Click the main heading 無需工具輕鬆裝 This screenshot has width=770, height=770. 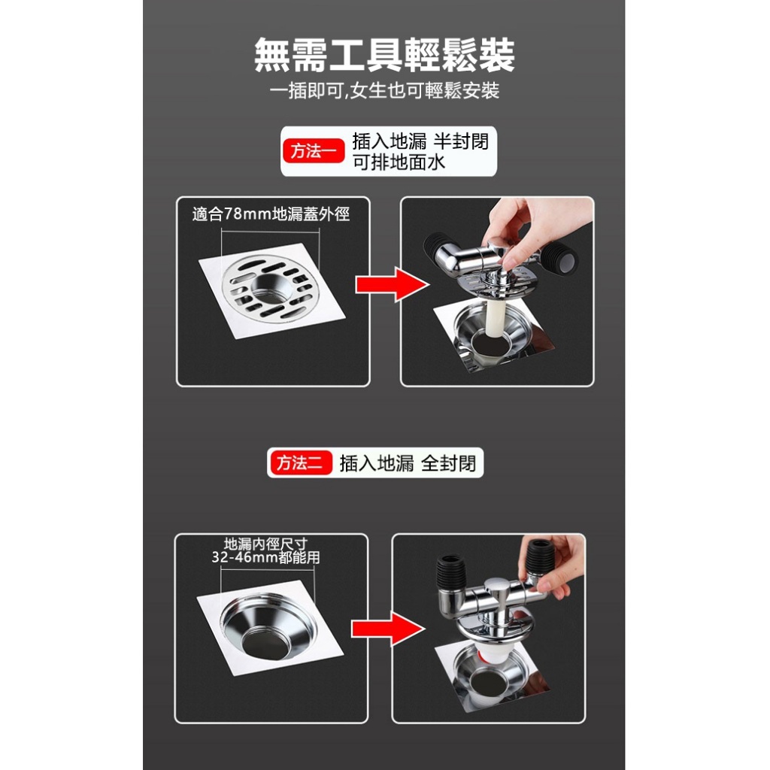tap(384, 55)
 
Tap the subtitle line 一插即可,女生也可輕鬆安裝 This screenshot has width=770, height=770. tap(384, 90)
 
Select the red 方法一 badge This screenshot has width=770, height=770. tap(314, 150)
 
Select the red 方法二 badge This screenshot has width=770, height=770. tap(301, 462)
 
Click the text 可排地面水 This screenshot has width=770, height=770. tap(399, 162)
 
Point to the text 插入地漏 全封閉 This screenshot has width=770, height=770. tap(408, 463)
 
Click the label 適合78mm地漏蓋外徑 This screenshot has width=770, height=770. tap(271, 214)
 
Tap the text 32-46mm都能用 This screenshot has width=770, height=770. tap(265, 557)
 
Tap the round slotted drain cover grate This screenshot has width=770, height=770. tap(270, 289)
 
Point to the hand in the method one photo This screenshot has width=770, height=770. tap(535, 226)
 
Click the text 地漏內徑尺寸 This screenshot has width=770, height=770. tap(265, 544)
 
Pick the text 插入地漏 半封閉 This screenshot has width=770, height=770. tap(420, 141)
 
